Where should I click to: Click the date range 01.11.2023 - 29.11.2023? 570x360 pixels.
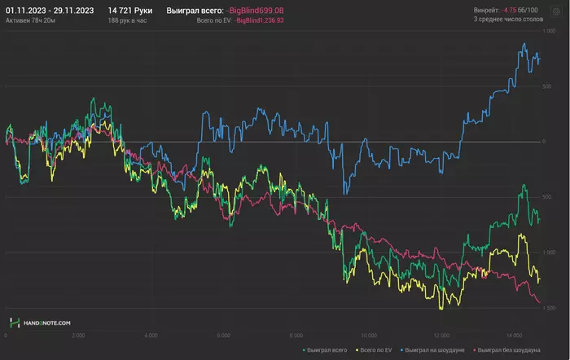coord(50,10)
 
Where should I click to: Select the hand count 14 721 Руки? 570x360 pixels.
coord(130,10)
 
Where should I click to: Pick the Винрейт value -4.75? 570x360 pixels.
coord(511,10)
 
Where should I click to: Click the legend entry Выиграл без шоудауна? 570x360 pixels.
coord(506,349)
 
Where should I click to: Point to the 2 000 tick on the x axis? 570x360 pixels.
coord(78,334)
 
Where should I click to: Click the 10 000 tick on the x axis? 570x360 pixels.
coord(369,334)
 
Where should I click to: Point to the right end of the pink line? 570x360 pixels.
coord(539,303)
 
